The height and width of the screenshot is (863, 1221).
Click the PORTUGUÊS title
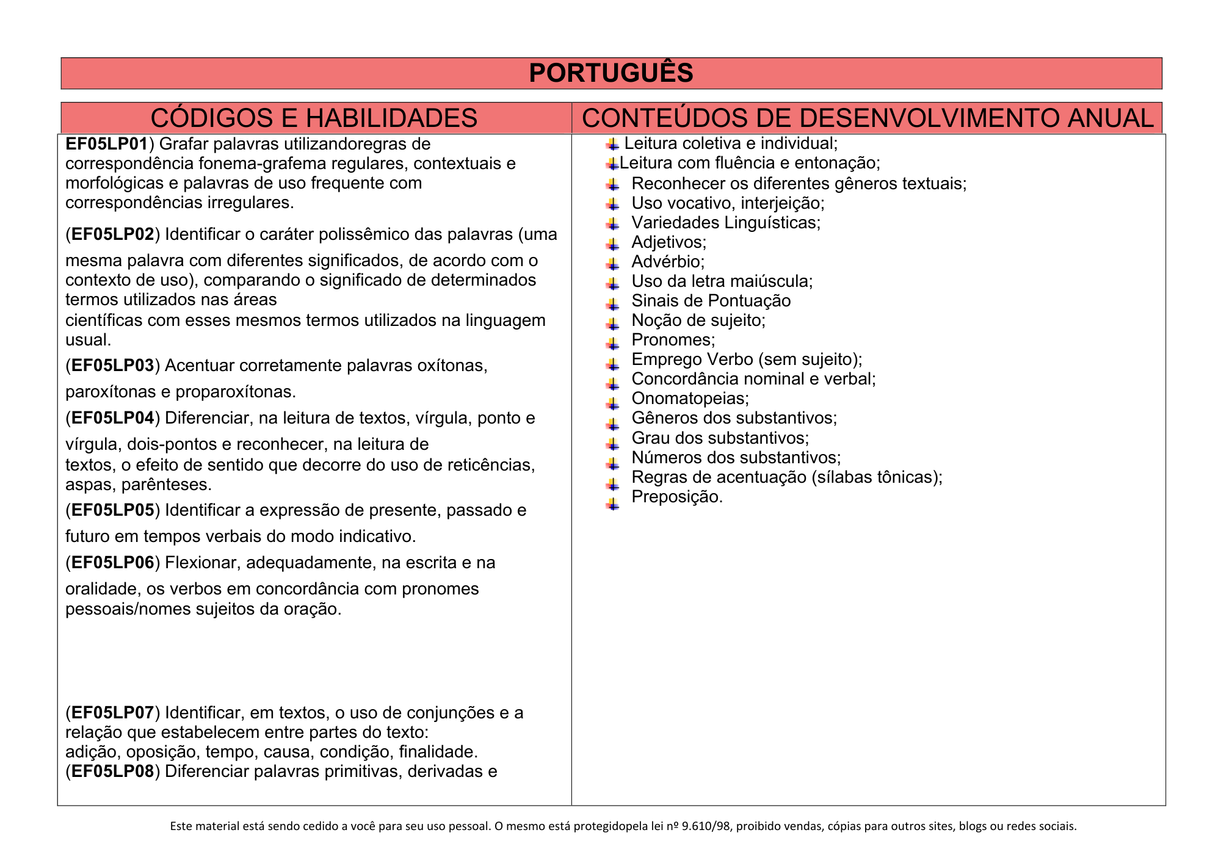pos(611,73)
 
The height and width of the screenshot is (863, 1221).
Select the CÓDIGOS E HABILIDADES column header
pos(314,118)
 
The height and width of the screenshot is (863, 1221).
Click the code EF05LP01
pos(106,144)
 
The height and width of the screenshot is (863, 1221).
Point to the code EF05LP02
pos(113,234)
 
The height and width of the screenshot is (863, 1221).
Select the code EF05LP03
pos(113,366)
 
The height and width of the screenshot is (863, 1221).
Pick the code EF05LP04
pos(113,418)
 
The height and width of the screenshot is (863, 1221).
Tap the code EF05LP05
pos(113,510)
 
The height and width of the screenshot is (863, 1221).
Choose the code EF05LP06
pos(113,563)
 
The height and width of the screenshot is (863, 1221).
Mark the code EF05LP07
pos(113,713)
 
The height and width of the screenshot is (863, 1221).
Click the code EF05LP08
pos(113,771)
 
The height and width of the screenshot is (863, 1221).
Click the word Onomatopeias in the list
pos(690,399)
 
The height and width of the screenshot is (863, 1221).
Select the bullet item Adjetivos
pos(668,242)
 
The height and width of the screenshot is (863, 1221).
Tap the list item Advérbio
pos(668,262)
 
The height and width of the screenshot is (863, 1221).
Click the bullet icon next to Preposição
pos(613,504)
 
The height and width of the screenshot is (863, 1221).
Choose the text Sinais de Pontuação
pos(711,301)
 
